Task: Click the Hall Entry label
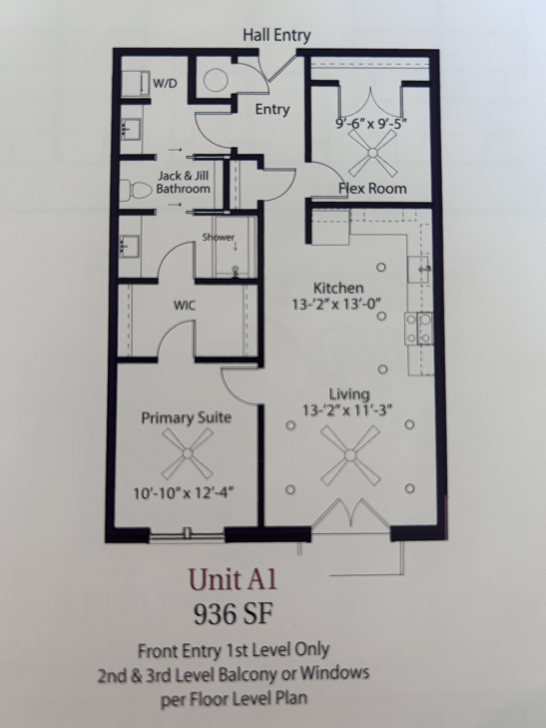[277, 36]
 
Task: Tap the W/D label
[165, 84]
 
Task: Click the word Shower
[218, 237]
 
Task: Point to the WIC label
[185, 305]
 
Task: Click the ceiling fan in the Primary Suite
[187, 453]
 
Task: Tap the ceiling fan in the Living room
[349, 455]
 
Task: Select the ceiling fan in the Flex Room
[372, 153]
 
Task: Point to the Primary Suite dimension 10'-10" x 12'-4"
[184, 493]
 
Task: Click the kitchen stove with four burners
[419, 328]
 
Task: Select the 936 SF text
[233, 615]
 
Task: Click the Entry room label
[272, 109]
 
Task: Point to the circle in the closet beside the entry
[216, 80]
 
